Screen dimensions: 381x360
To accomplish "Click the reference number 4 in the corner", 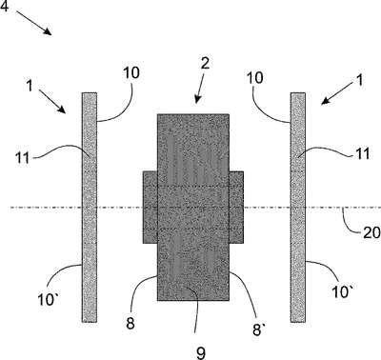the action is [4, 6].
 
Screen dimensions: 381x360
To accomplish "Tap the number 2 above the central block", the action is [205, 63].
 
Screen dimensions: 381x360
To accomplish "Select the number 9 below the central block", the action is [201, 352].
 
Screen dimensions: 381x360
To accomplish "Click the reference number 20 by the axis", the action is [371, 233].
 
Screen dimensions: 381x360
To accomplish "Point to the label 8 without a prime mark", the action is [130, 324].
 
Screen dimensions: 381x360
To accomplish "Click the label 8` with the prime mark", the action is [257, 330].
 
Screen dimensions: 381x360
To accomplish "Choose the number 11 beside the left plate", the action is [23, 157].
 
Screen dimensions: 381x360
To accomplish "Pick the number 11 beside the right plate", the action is [363, 154].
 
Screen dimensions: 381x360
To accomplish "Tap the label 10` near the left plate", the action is [47, 299].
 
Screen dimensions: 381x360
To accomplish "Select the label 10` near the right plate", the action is [341, 291].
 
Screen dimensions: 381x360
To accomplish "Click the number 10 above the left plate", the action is [131, 72].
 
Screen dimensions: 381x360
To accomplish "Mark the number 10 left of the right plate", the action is [254, 77].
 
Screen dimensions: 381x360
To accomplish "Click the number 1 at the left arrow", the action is [30, 86].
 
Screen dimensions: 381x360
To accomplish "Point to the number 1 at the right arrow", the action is [359, 80].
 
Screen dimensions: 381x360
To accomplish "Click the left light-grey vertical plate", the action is [90, 208].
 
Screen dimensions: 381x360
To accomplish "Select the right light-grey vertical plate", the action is [298, 208].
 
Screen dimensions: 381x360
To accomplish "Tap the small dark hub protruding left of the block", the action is [150, 208].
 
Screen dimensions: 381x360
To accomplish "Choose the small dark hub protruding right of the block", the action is [236, 208].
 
